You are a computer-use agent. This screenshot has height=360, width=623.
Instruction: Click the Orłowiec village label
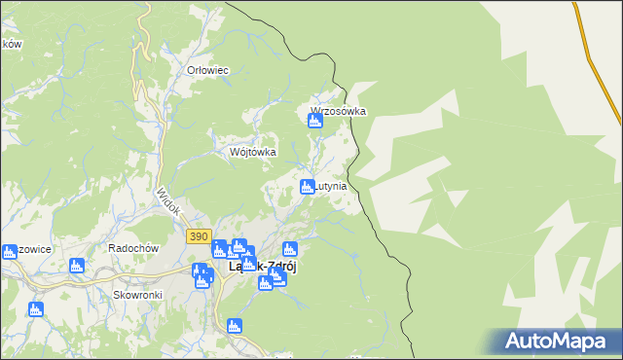207,70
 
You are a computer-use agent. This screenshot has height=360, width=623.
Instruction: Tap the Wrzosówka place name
339,111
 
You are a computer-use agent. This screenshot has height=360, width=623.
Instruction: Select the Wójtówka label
253,152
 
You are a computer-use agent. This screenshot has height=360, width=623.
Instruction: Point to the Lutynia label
331,185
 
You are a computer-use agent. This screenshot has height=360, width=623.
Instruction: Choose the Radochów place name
133,248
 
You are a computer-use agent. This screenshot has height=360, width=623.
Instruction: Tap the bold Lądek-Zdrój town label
262,266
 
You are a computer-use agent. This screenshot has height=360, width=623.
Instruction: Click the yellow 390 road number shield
199,236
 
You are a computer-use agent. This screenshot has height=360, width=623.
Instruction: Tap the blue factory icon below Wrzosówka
314,122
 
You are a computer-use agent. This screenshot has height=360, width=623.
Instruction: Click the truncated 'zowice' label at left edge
33,249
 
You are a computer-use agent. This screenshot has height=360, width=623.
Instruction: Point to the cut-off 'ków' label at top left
11,45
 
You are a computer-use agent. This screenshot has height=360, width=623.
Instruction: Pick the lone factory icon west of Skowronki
36,309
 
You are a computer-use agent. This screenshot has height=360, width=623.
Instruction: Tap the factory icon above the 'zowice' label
9,251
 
